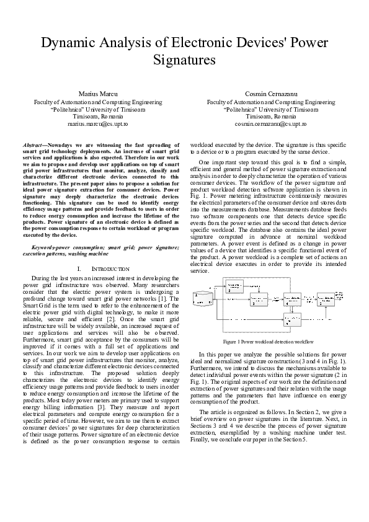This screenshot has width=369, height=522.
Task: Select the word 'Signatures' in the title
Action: tap(184, 60)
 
